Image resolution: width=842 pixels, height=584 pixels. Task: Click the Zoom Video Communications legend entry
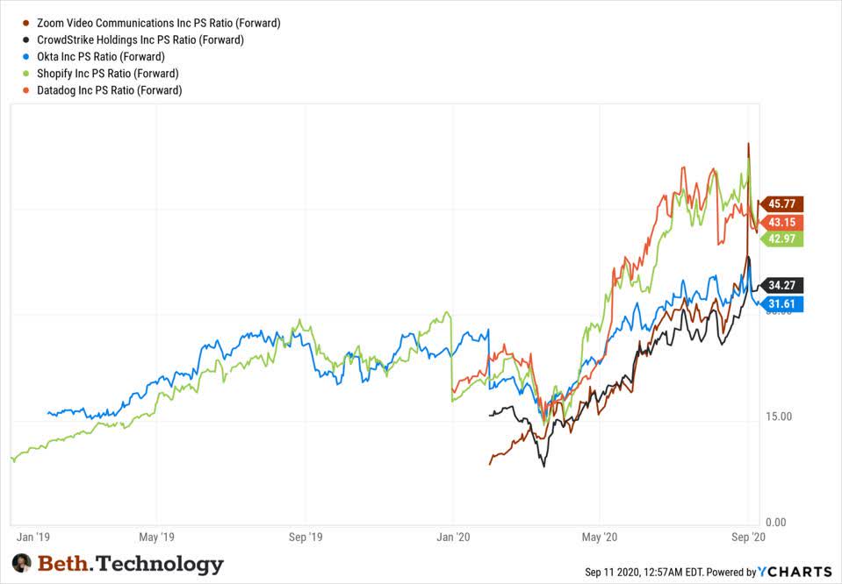coord(158,23)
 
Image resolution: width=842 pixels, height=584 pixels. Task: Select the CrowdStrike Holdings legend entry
coord(140,39)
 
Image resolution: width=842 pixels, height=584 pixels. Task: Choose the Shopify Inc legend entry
coord(108,73)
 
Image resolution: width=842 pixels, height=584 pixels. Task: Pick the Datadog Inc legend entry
coord(110,89)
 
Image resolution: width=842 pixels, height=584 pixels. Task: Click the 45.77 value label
coord(781,204)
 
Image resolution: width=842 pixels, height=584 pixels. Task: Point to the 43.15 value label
coord(781,223)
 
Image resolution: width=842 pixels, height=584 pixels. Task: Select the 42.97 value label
coord(781,239)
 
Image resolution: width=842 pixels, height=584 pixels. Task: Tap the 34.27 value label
coord(781,285)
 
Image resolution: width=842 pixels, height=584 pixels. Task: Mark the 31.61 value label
coord(781,304)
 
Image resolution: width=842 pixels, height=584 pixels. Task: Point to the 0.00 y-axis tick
coord(776,522)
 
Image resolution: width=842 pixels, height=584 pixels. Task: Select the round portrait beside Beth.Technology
coord(22,563)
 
